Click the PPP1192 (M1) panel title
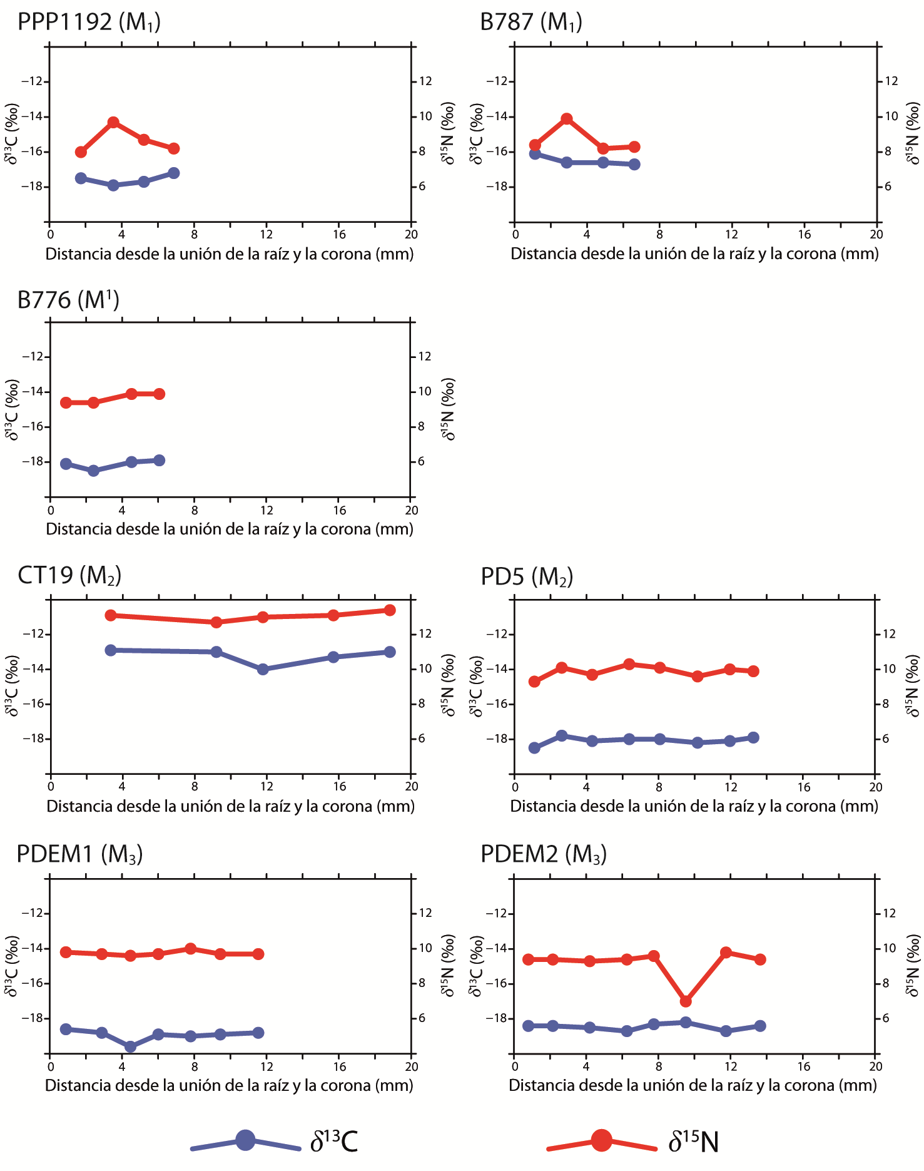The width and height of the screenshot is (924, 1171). pos(89,23)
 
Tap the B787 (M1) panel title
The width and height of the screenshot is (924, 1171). pos(531,23)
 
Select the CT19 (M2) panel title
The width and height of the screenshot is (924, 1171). pos(69,575)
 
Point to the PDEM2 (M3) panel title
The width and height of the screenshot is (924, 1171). pos(543,854)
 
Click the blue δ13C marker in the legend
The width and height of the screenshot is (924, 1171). pos(246,1140)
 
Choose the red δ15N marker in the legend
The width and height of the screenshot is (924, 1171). pos(601,1140)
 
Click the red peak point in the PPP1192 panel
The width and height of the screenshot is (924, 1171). pos(113,122)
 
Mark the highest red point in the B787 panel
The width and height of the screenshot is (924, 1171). pos(567,119)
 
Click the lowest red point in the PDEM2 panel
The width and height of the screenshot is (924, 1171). pos(686,1001)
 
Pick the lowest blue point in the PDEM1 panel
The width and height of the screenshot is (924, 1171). pos(131,1046)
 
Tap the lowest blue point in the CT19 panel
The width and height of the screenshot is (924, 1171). pos(263,669)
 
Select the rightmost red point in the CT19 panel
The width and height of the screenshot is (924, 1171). pos(389,610)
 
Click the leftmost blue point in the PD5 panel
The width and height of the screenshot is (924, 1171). pos(534,748)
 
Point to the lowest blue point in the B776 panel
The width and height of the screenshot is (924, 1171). pos(93,471)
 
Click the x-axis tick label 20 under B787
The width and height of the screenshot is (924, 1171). pos(876,235)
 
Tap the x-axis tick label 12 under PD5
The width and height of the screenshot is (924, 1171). pos(730,787)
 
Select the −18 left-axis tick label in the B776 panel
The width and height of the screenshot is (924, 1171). pos(33,462)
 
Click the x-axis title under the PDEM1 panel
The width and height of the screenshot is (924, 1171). pos(229,1085)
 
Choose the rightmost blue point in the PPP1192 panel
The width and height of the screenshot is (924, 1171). pos(174,173)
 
